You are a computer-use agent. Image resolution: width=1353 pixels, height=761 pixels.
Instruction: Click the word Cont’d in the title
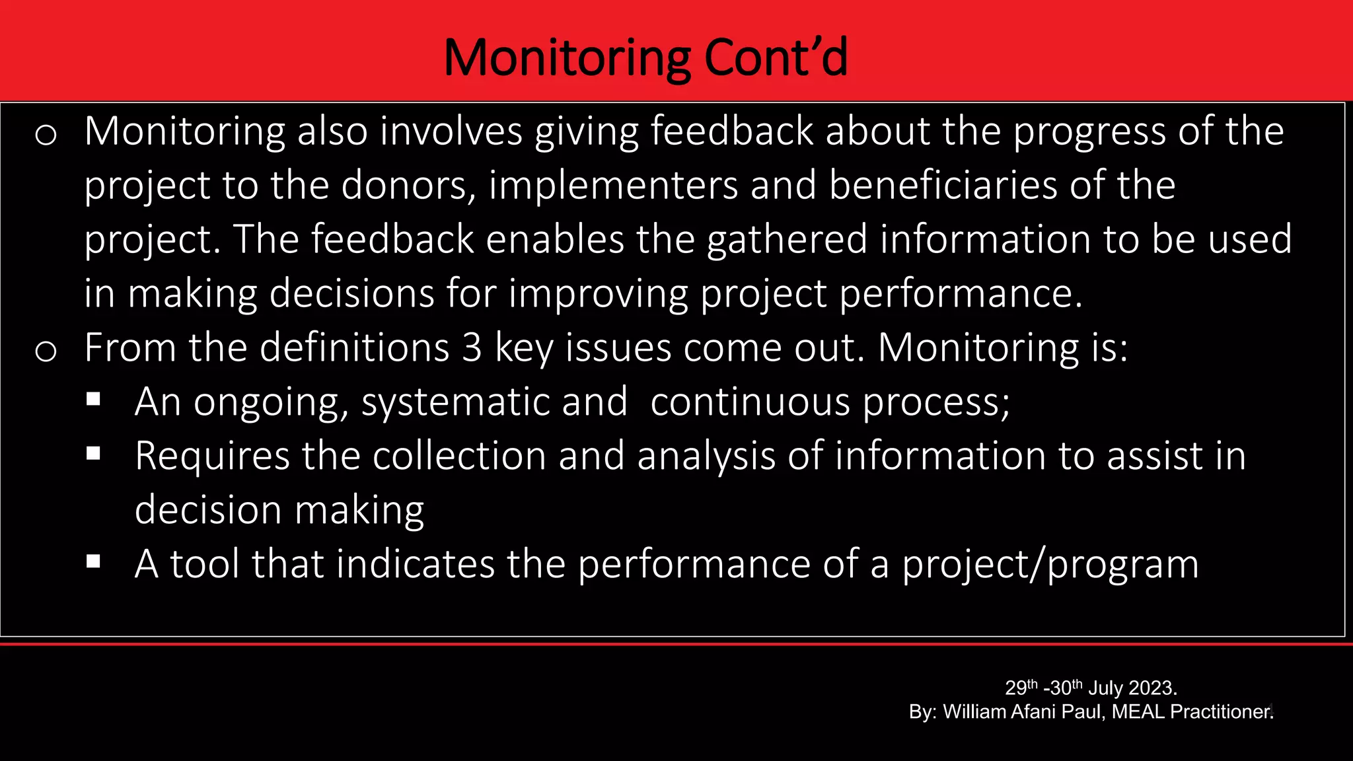click(x=776, y=57)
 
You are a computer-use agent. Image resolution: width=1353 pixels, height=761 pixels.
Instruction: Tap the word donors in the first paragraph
click(x=408, y=185)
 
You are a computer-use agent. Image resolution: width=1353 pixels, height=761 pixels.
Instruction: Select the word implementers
click(x=612, y=186)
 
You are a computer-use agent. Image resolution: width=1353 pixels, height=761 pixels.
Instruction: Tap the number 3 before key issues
click(x=472, y=347)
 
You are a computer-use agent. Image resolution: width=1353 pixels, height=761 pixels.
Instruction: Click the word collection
click(x=459, y=456)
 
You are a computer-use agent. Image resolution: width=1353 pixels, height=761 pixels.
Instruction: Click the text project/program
click(x=1050, y=565)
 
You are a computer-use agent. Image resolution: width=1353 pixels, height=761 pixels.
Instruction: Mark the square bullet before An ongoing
click(x=93, y=399)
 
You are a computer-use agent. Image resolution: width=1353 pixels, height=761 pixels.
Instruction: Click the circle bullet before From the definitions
click(x=46, y=351)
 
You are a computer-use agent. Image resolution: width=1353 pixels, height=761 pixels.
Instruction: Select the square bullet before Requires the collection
click(x=93, y=453)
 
